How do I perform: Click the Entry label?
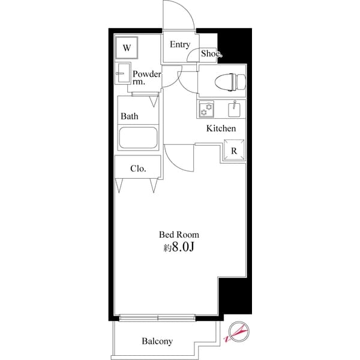point(179,44)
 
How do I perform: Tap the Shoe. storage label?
point(211,53)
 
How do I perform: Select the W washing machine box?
point(127,46)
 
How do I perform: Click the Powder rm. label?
point(146,78)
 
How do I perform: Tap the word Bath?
point(129,116)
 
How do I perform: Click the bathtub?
point(138,138)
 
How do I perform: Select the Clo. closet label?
point(138,168)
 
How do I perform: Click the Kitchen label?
point(221,128)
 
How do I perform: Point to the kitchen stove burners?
point(207,109)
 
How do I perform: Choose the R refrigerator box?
point(235,150)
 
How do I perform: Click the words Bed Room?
point(179,235)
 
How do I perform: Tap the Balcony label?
point(157,341)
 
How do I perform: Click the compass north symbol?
point(236,332)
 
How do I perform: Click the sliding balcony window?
point(158,317)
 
